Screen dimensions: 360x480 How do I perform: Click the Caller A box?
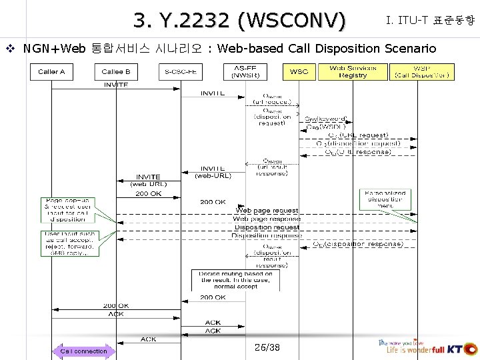(x=51, y=72)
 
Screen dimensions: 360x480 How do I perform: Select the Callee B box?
(x=116, y=72)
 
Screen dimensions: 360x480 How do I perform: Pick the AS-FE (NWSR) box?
(x=246, y=72)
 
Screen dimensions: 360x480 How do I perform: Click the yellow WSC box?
(x=299, y=72)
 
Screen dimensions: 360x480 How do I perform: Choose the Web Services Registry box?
(x=353, y=72)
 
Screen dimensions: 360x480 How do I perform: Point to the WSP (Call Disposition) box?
(x=422, y=72)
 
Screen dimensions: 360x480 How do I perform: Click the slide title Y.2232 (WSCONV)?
(x=239, y=21)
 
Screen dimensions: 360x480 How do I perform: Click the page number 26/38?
(x=267, y=347)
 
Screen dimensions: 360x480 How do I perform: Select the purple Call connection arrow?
(x=83, y=351)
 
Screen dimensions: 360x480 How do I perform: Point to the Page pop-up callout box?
(x=68, y=209)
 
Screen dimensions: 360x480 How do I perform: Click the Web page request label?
(x=267, y=211)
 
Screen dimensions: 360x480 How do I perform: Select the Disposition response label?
(x=267, y=235)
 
